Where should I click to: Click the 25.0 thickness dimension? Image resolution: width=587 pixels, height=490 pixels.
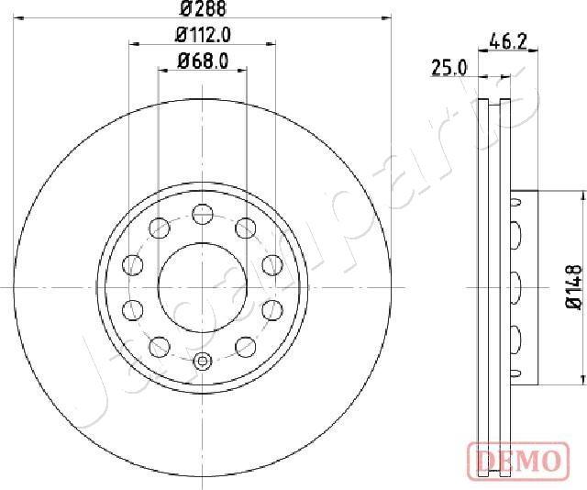[449, 67]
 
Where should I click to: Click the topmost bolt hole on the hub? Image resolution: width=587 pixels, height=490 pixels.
[202, 216]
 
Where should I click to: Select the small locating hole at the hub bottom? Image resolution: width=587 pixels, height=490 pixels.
[202, 360]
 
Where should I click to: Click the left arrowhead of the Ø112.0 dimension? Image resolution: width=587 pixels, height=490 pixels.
[134, 43]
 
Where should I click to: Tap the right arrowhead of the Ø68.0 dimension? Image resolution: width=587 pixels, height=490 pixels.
[241, 71]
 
